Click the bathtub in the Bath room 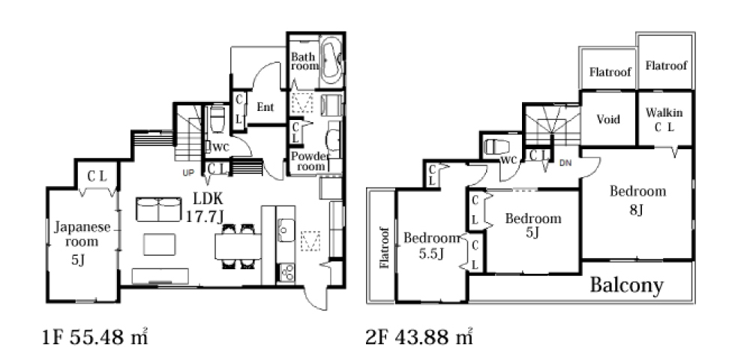pyautogui.click(x=331, y=61)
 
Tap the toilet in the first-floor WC pyautogui.click(x=217, y=121)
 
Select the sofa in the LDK pyautogui.click(x=158, y=209)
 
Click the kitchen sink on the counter pyautogui.click(x=286, y=231)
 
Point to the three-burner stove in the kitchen pyautogui.click(x=286, y=272)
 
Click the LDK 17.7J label pyautogui.click(x=205, y=207)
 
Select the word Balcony pyautogui.click(x=627, y=286)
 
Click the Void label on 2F pyautogui.click(x=608, y=119)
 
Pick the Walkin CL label pyautogui.click(x=664, y=120)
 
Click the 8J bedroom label pyautogui.click(x=637, y=199)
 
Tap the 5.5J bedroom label pyautogui.click(x=431, y=245)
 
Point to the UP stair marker pyautogui.click(x=188, y=173)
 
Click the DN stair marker pyautogui.click(x=565, y=163)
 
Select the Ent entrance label pyautogui.click(x=265, y=107)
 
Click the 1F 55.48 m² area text pyautogui.click(x=95, y=337)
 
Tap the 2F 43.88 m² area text pyautogui.click(x=419, y=337)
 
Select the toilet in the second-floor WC pyautogui.click(x=495, y=146)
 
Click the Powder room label pyautogui.click(x=308, y=161)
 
